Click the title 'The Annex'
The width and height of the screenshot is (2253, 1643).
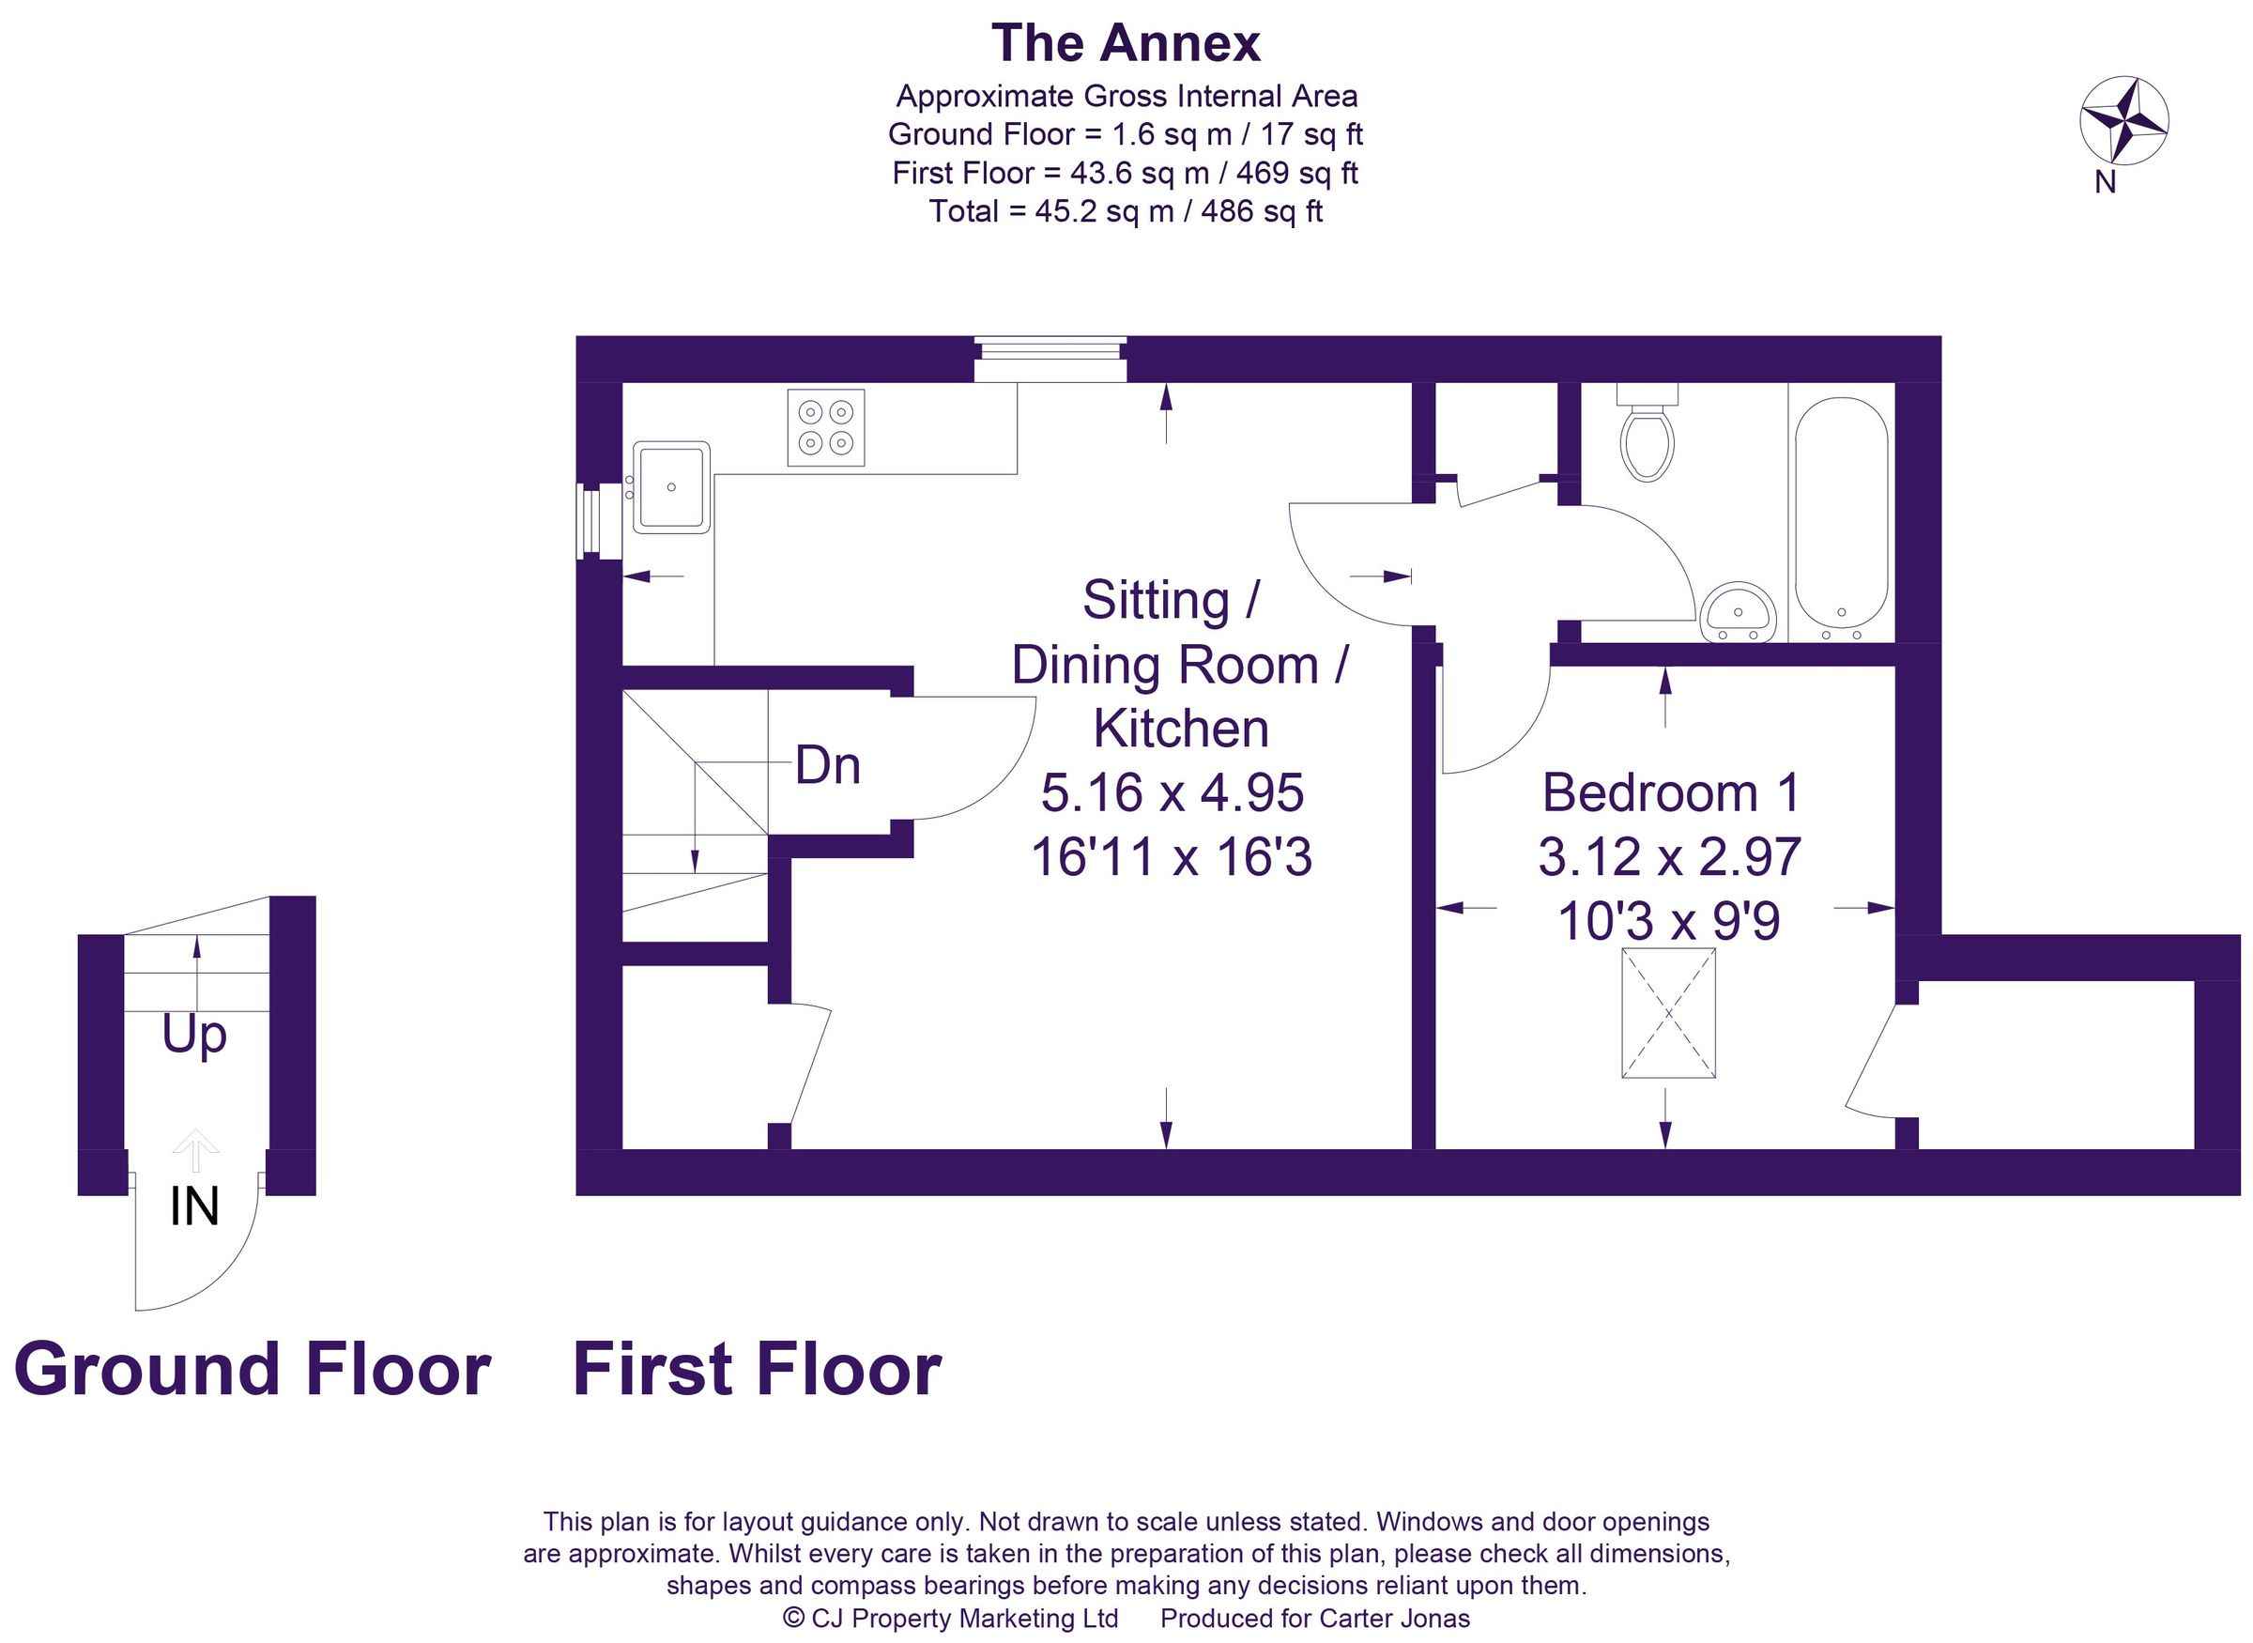[1126, 44]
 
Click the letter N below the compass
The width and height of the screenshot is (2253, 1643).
[2105, 183]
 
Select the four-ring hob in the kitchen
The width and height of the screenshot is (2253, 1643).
[825, 428]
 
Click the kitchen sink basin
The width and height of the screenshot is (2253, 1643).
[672, 486]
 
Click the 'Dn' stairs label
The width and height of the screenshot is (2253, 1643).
[827, 766]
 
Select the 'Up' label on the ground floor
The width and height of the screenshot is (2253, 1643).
[195, 1036]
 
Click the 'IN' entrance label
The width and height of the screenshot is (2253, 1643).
[195, 1207]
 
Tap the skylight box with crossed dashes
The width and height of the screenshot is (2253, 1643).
[1668, 1013]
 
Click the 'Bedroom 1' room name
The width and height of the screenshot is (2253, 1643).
[1671, 792]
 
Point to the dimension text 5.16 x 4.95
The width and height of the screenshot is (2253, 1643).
[1172, 793]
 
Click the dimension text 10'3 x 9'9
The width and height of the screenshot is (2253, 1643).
[1668, 921]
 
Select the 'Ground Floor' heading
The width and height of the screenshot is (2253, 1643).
[253, 1371]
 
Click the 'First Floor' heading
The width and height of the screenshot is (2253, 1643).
[757, 1371]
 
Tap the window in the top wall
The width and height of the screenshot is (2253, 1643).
[1050, 359]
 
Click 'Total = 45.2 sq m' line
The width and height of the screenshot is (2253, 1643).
[1126, 212]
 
